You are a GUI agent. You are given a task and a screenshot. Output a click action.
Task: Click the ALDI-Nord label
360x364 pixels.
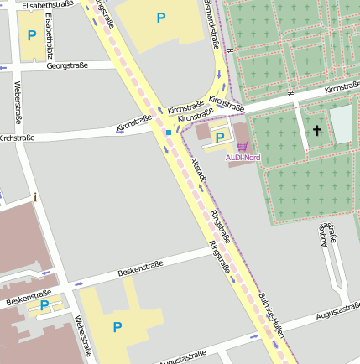pyautogui.click(x=243, y=157)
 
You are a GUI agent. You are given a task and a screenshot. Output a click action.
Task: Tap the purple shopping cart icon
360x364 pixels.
pyautogui.click(x=243, y=146)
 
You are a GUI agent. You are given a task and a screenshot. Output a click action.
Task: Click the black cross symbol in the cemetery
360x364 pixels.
pyautogui.click(x=316, y=130)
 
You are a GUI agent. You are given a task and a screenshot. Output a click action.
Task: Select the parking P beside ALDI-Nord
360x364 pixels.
pyautogui.click(x=220, y=137)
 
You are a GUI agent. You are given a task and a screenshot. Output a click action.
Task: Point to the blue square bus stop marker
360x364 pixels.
pyautogui.click(x=169, y=132)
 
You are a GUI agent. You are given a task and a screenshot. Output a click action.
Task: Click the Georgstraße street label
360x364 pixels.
pyautogui.click(x=68, y=65)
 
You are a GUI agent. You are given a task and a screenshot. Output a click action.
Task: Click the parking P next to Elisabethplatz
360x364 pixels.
pyautogui.click(x=31, y=35)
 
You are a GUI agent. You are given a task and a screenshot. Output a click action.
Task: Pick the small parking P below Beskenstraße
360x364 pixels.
pyautogui.click(x=44, y=305)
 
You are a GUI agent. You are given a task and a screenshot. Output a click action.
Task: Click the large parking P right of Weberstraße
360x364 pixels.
pyautogui.click(x=117, y=326)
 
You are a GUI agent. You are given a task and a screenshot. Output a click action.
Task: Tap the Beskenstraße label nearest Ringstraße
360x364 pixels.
pyautogui.click(x=140, y=268)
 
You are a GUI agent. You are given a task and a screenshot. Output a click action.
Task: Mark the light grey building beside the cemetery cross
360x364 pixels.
pyautogui.click(x=341, y=125)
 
